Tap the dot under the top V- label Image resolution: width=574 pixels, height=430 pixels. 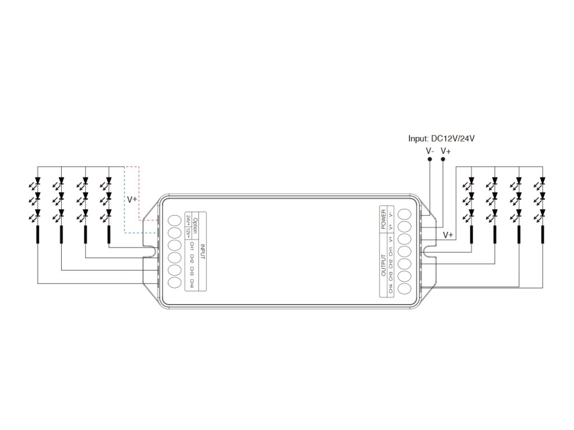tap(430, 160)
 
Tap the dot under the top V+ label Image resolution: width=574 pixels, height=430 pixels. tap(443, 160)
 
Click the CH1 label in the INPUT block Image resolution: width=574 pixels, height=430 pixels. tap(191, 246)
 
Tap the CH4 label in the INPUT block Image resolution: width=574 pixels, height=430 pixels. tap(191, 283)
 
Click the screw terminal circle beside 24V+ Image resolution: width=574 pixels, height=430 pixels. tap(174, 220)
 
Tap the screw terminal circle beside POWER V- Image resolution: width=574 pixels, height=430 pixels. tap(405, 214)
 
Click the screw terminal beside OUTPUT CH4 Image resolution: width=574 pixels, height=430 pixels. tap(405, 289)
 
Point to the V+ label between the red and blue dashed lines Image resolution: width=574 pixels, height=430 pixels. tap(132, 199)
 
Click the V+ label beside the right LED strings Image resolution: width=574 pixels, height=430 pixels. tap(448, 235)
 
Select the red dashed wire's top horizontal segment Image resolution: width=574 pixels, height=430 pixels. tap(131, 166)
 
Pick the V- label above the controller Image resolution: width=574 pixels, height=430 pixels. tap(430, 151)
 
